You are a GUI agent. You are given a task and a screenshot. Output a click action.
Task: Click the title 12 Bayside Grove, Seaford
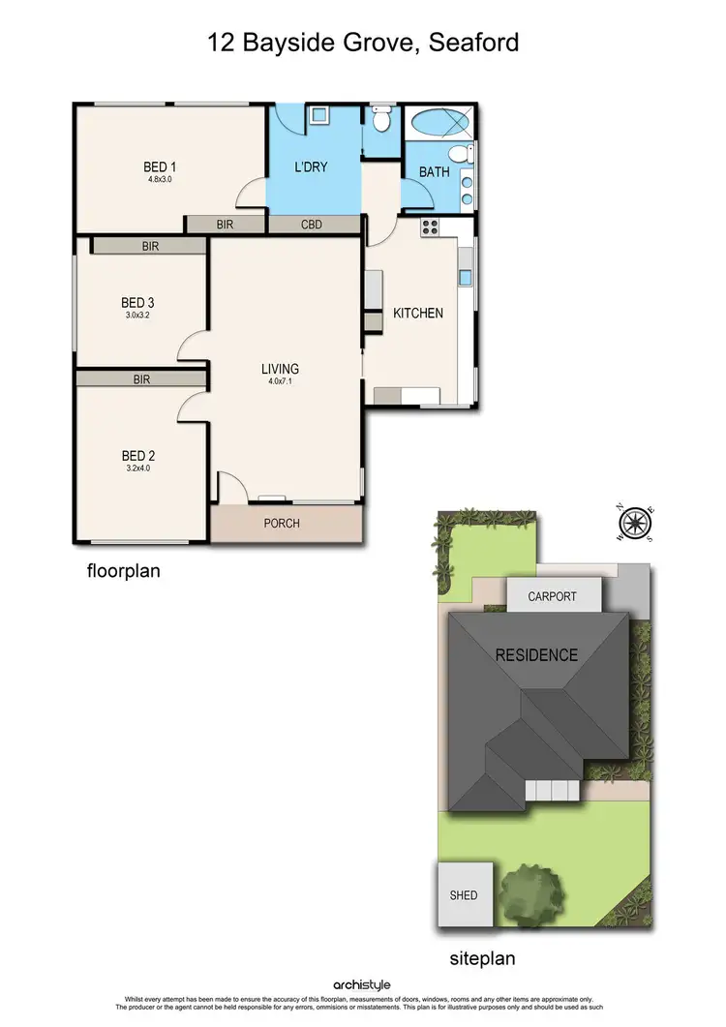[363, 43]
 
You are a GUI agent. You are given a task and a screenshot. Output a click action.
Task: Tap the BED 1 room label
[160, 166]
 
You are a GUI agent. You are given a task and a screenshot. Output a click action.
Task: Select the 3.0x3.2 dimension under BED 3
[138, 315]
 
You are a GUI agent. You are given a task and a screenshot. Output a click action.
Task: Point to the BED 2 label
[138, 456]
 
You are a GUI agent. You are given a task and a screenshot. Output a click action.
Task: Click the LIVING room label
[280, 369]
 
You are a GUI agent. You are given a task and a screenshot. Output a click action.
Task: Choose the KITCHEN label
[418, 313]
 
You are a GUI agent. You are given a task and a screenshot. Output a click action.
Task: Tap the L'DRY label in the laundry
[311, 167]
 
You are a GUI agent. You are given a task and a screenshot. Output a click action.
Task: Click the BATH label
[435, 172]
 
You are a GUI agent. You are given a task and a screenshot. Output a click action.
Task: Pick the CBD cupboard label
[312, 225]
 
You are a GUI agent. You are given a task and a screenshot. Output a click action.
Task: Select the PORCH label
[282, 524]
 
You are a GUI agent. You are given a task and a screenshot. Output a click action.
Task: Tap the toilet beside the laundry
[381, 120]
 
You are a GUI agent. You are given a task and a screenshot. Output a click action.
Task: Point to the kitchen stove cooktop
[430, 228]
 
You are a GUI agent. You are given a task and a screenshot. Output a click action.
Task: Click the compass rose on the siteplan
[634, 524]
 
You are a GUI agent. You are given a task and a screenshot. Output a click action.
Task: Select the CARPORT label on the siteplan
[552, 596]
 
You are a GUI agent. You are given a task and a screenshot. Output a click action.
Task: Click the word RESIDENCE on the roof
[536, 655]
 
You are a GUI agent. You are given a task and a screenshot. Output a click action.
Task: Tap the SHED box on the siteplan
[464, 894]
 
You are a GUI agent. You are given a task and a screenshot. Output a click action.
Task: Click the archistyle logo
[362, 985]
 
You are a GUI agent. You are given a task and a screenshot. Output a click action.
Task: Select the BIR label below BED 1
[226, 225]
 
